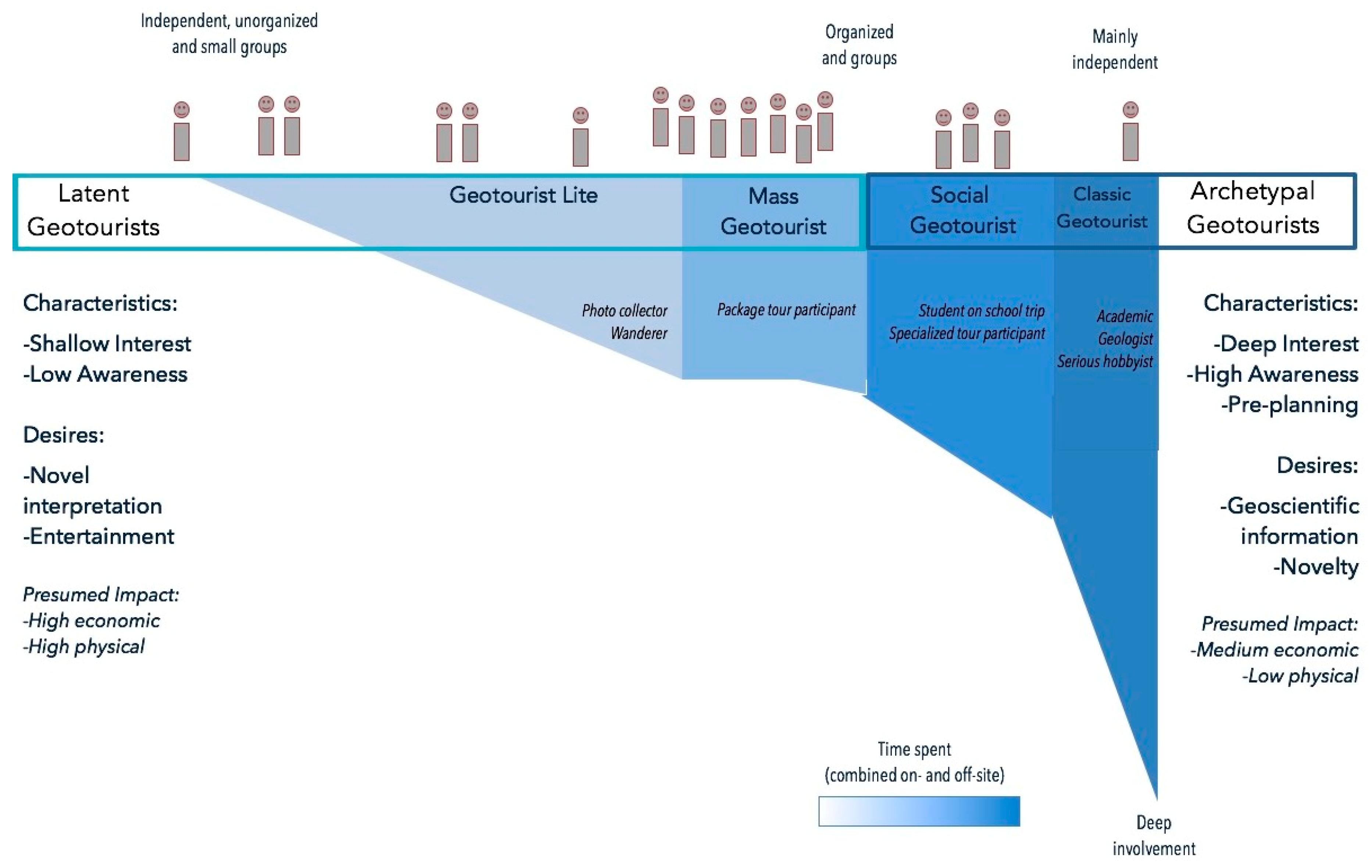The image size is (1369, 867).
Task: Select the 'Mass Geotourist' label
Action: [x=773, y=211]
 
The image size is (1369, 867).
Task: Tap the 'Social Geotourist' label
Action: [x=962, y=210]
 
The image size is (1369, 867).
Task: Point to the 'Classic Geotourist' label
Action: [x=1102, y=208]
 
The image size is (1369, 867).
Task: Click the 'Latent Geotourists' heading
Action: [x=93, y=210]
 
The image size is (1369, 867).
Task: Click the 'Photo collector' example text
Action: [x=624, y=311]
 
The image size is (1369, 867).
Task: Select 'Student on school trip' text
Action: [x=981, y=311]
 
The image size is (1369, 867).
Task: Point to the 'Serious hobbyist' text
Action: [x=1105, y=361]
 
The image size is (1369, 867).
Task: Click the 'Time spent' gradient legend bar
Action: [x=919, y=811]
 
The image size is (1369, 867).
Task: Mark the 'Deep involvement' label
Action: [x=1154, y=835]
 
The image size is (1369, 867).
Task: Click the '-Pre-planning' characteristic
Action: [x=1289, y=404]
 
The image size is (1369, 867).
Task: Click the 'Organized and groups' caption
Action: [x=859, y=45]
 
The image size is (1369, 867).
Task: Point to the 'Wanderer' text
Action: [x=639, y=333]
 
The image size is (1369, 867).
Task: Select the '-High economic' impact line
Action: [x=91, y=620]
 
